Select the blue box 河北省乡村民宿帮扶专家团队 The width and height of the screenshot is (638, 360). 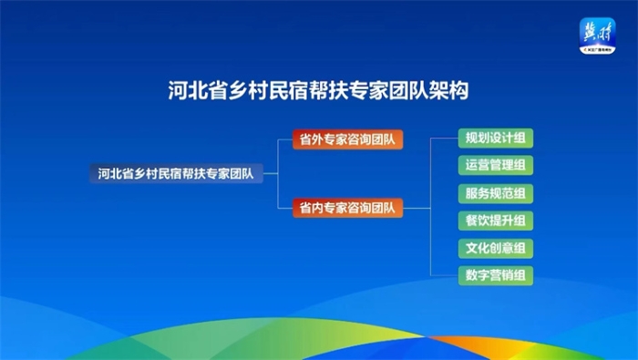point(175,172)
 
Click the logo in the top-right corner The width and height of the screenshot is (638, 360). point(598,36)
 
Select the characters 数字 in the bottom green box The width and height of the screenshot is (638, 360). point(478,274)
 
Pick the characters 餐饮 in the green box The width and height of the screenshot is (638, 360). point(478,221)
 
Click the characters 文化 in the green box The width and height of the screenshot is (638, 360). point(478,248)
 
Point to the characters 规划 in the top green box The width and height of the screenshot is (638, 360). point(478,139)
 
